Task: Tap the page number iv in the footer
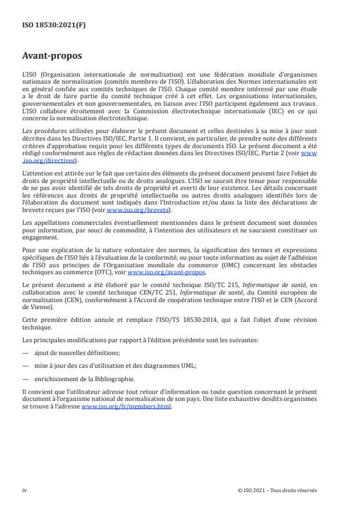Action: pos(24,490)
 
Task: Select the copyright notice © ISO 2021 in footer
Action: pos(278,490)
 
